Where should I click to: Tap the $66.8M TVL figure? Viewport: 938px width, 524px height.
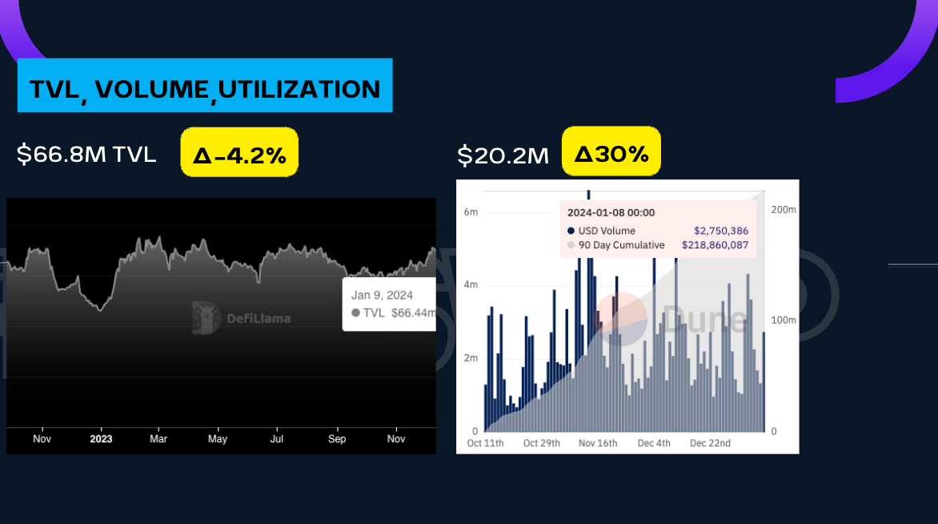(86, 154)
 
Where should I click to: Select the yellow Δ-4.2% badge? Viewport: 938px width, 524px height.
(239, 153)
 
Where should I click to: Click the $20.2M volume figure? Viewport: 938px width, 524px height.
(503, 155)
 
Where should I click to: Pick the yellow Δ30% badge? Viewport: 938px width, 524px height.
(611, 152)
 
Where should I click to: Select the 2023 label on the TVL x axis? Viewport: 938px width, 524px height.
(101, 439)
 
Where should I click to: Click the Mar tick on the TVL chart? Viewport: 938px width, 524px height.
(158, 439)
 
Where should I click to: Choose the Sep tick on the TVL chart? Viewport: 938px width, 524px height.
(337, 439)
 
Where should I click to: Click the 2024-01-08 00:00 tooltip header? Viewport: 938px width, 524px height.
(611, 212)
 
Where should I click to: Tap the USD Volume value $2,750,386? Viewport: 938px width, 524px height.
(720, 231)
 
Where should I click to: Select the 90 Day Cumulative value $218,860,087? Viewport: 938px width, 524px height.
(715, 245)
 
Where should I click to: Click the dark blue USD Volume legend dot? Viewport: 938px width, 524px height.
(571, 231)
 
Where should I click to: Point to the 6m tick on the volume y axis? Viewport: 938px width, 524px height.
(471, 212)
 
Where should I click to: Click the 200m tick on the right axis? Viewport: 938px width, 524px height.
(783, 209)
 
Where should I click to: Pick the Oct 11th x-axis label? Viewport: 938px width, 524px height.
(486, 443)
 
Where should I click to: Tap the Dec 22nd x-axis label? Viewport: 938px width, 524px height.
(710, 443)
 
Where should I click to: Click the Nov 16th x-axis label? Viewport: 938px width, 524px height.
(598, 443)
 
